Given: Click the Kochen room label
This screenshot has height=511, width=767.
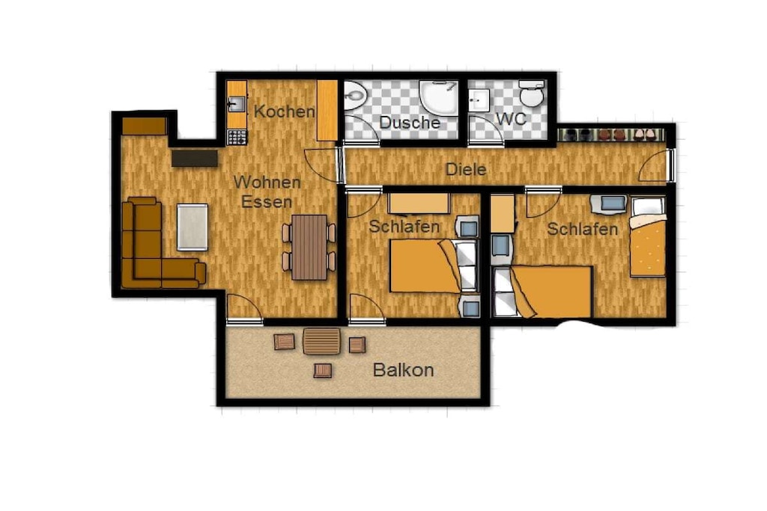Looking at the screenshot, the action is (284, 111).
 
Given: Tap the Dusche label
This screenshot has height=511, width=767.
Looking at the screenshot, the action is (410, 122).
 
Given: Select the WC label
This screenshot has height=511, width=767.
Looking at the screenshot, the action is (511, 119).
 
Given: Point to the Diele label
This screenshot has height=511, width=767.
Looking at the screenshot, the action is (466, 170).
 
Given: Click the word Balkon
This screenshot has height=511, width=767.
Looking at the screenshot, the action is (403, 370).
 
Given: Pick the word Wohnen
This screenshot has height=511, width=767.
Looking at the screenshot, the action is (267, 183).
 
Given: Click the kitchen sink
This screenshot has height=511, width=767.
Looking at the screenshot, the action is (237, 103).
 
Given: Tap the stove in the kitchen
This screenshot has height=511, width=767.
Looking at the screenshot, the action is (237, 137).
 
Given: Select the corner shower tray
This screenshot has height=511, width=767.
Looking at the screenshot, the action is (438, 99).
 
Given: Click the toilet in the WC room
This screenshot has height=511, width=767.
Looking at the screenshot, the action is (532, 94).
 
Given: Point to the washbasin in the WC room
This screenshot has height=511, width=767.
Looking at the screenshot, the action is (479, 100).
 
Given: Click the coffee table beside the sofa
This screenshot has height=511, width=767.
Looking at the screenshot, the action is (192, 227).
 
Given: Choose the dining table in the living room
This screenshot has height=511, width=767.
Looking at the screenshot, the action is (309, 247).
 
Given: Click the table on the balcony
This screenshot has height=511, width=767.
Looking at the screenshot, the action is (322, 341).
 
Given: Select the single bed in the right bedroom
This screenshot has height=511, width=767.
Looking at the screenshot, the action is (647, 236).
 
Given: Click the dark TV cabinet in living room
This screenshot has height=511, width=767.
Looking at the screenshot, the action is (195, 159).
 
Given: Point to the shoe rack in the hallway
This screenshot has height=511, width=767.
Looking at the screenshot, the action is (611, 135).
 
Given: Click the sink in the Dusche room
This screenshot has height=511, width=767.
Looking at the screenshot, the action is (354, 95).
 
